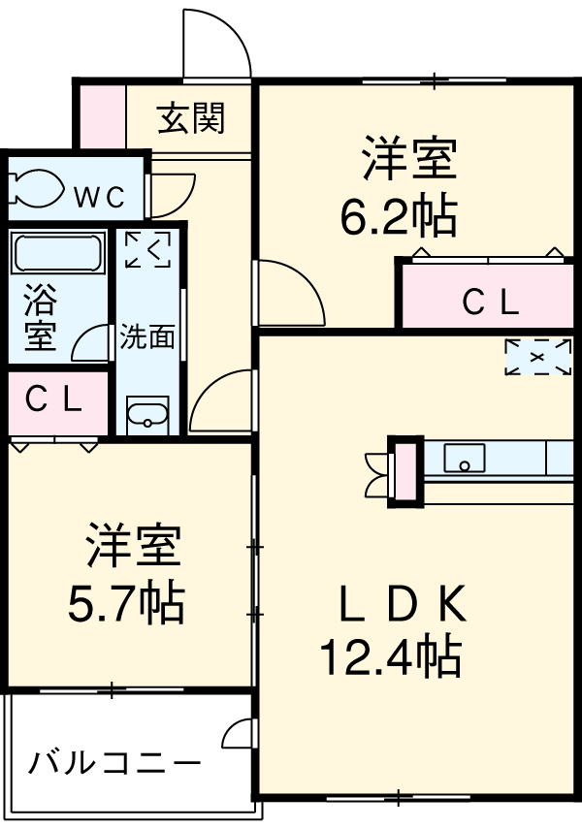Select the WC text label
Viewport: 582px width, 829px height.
coord(100,197)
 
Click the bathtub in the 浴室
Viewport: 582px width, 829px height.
coord(58,253)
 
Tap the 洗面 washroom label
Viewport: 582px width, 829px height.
coord(147,336)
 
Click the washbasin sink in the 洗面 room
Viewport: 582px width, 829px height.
coord(147,416)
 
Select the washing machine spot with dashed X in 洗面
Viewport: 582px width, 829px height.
coord(147,249)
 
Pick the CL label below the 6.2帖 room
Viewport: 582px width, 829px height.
coord(489,303)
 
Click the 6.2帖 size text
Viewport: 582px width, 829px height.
coord(398,217)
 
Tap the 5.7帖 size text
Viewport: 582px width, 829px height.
coord(125,604)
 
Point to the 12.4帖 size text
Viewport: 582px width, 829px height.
coord(390,659)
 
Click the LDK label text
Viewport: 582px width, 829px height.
coord(402,607)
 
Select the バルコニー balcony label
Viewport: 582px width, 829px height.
coord(114,763)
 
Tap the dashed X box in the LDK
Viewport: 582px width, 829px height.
coord(536,357)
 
